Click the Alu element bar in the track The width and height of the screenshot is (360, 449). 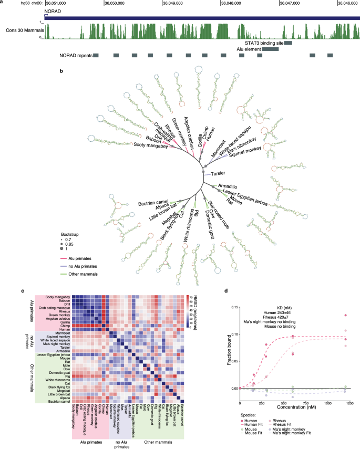pos(270,49)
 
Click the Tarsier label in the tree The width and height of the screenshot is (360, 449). pos(219,174)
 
